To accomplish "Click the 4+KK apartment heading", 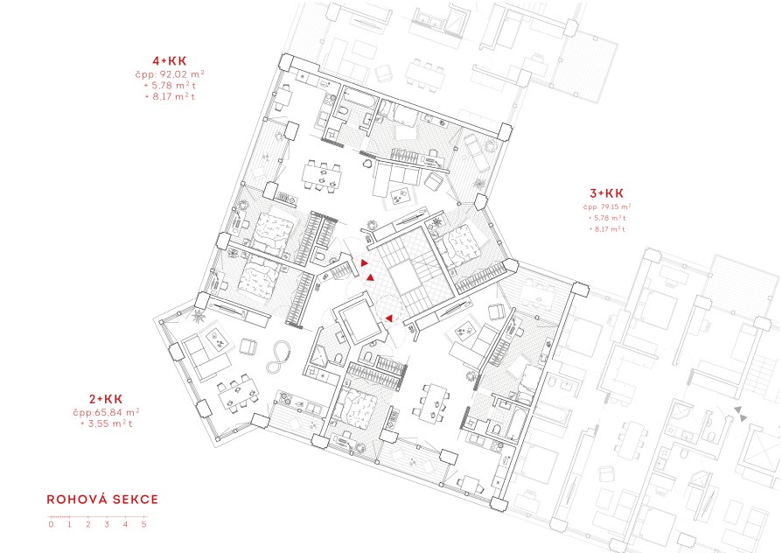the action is click(x=170, y=61).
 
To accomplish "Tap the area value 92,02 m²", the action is click(x=178, y=73).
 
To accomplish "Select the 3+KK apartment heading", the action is click(x=606, y=193).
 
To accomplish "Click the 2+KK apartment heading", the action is click(x=106, y=399).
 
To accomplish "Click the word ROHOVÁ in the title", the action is click(x=77, y=500).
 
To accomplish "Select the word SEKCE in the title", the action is click(x=136, y=500).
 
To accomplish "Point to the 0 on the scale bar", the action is click(x=51, y=524).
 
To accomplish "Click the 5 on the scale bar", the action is click(x=144, y=524).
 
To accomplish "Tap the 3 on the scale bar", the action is click(x=107, y=524).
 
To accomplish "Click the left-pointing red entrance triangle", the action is click(x=388, y=318).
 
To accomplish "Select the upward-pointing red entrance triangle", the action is click(x=370, y=277).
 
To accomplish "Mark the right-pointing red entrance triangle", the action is click(x=365, y=263).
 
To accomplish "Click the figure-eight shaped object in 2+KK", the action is click(x=278, y=357).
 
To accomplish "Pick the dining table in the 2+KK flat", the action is click(x=238, y=393).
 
